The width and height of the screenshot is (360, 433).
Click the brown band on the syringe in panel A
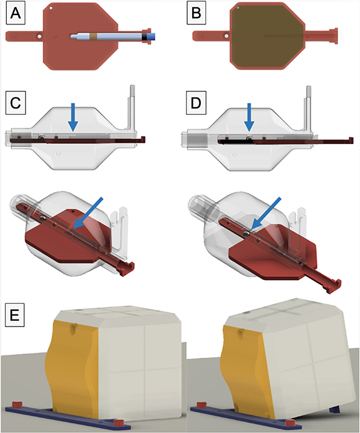coord(95,37)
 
